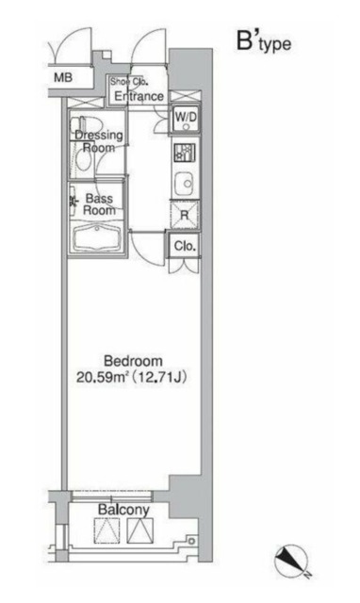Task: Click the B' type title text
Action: [x=264, y=41]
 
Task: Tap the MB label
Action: [x=63, y=77]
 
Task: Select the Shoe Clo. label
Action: [x=128, y=82]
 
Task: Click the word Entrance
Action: [x=139, y=96]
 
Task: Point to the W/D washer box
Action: [x=186, y=119]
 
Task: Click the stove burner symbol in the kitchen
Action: [x=185, y=153]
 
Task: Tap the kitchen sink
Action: [x=187, y=184]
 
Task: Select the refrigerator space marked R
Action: [x=185, y=215]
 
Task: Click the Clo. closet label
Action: [x=185, y=246]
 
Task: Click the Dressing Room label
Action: [x=99, y=141]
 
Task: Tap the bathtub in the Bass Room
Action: [x=97, y=237]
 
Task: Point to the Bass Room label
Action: [x=100, y=204]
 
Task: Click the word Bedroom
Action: [x=133, y=361]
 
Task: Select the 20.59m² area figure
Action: [x=102, y=377]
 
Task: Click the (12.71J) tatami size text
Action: [x=159, y=377]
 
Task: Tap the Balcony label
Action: [x=123, y=510]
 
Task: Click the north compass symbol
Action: [x=291, y=560]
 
